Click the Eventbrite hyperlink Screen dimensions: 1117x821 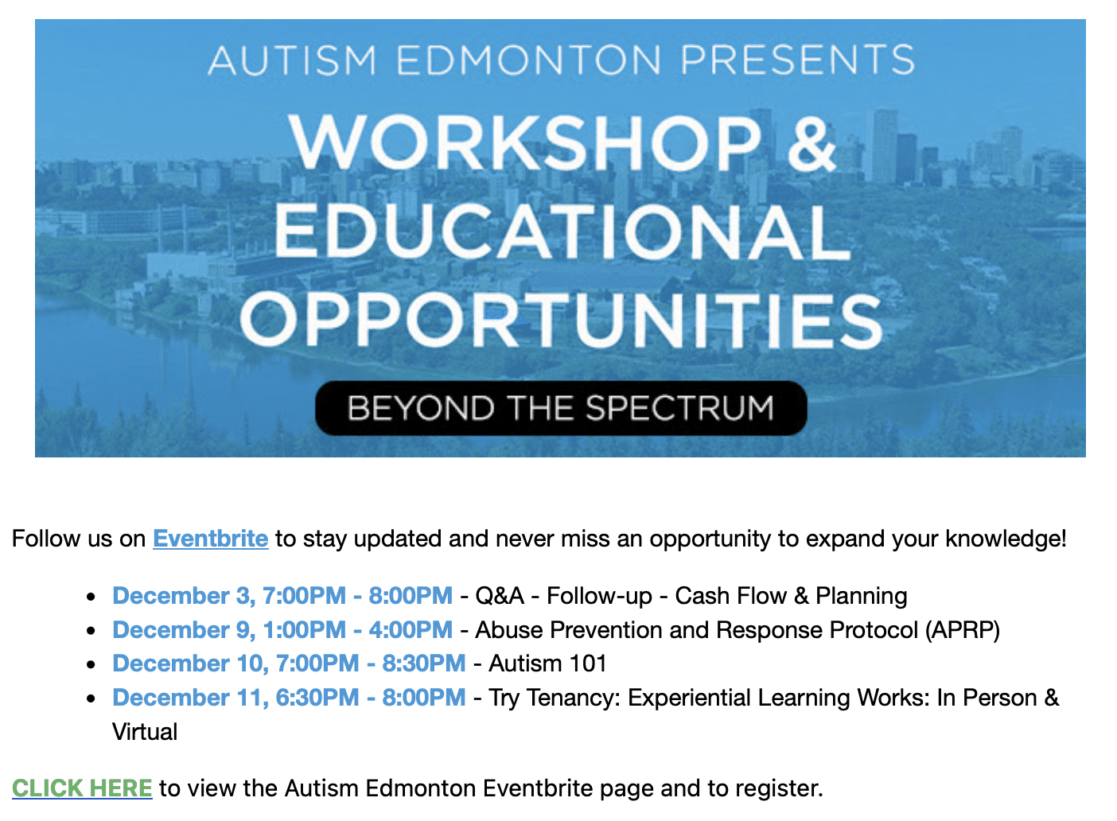pyautogui.click(x=211, y=539)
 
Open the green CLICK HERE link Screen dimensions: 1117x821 pyautogui.click(x=82, y=788)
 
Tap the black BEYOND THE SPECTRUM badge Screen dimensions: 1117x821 pyautogui.click(x=561, y=408)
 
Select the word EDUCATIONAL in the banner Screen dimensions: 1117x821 pyautogui.click(x=562, y=232)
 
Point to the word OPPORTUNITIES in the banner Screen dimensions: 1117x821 pyautogui.click(x=562, y=320)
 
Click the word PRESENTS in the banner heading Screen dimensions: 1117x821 pyautogui.click(x=797, y=60)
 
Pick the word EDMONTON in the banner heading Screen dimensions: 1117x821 pyautogui.click(x=528, y=60)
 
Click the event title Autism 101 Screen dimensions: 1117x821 pyautogui.click(x=547, y=663)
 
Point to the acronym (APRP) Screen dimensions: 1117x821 pyautogui.click(x=963, y=630)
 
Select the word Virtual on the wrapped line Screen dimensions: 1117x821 pyautogui.click(x=145, y=732)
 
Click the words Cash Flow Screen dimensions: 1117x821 pyautogui.click(x=730, y=596)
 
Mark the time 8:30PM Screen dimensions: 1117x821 pyautogui.click(x=424, y=663)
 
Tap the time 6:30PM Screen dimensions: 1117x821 pyautogui.click(x=317, y=698)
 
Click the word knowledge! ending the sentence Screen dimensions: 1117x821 pyautogui.click(x=1006, y=539)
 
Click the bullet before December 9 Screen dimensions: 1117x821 pyautogui.click(x=91, y=631)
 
